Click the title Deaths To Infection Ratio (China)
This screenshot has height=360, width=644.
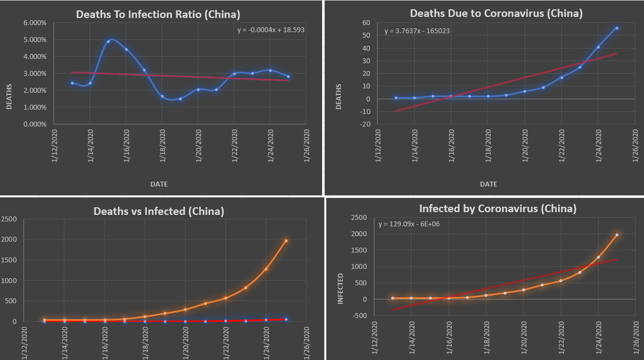click(158, 14)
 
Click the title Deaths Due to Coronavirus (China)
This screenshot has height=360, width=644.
click(496, 14)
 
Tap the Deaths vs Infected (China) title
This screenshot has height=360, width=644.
click(159, 212)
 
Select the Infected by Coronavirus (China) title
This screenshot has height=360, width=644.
click(498, 209)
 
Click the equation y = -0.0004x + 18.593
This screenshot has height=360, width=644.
click(271, 30)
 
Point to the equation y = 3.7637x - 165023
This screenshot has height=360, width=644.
click(417, 31)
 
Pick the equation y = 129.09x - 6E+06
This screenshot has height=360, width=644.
click(409, 224)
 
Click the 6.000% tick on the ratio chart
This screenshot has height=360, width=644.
click(35, 23)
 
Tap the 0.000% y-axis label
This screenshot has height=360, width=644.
click(35, 124)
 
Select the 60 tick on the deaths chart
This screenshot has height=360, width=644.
click(366, 23)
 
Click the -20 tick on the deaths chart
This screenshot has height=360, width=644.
click(365, 124)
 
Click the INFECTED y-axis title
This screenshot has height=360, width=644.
click(341, 289)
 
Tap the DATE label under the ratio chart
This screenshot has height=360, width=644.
click(159, 184)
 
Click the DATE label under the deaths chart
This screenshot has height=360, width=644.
click(488, 184)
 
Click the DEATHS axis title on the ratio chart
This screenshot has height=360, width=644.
click(9, 97)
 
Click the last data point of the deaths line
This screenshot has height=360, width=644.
click(617, 28)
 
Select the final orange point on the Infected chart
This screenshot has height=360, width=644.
click(617, 235)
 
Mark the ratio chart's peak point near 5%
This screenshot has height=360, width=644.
click(109, 41)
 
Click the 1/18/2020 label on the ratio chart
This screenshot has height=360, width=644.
click(162, 146)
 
